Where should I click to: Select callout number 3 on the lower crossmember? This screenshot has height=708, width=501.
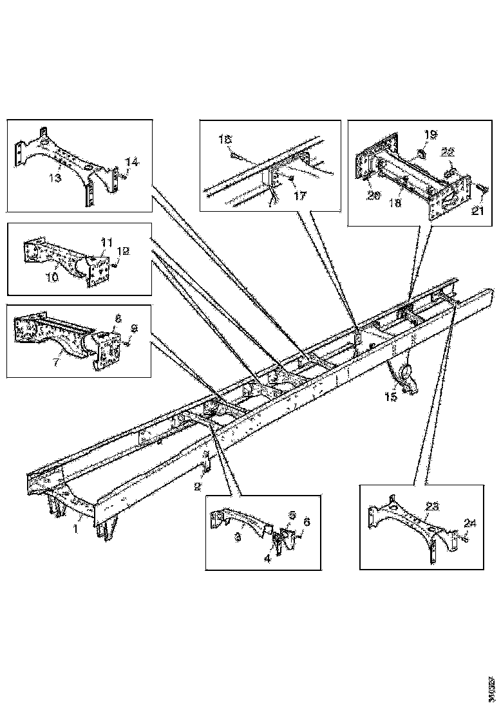click(x=238, y=536)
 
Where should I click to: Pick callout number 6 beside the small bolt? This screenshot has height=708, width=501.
click(x=307, y=523)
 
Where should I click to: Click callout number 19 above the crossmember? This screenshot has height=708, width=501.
click(x=430, y=135)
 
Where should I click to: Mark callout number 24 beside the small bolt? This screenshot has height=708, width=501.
click(x=471, y=523)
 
